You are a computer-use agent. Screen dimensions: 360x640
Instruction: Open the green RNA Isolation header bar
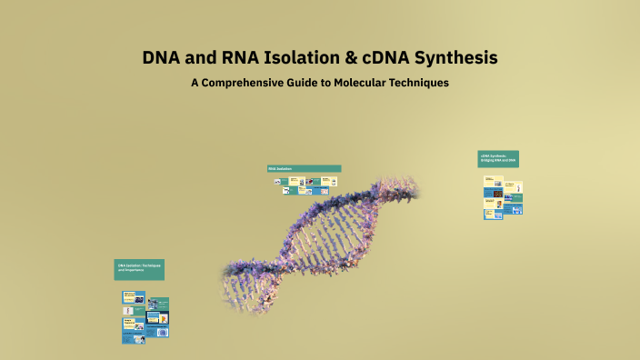coord(304,168)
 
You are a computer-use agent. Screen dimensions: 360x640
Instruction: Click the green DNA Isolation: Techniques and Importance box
coord(139,269)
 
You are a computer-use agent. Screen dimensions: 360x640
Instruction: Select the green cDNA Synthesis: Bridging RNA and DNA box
coord(498,158)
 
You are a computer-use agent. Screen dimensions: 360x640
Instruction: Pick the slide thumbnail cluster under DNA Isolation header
coord(145,317)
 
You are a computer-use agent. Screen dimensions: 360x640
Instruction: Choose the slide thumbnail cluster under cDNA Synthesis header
coord(503,196)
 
